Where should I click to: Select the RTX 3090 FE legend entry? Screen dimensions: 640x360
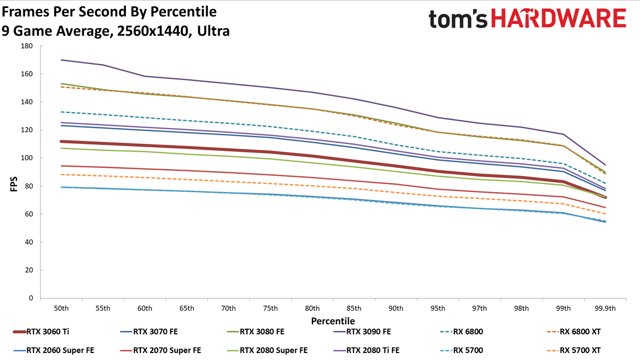362,332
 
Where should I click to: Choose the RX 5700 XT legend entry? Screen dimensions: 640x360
574,350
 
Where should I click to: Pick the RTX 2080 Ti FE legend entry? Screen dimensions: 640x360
366,350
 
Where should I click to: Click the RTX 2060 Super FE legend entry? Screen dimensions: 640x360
54,350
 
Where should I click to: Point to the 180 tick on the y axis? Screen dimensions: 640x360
27,46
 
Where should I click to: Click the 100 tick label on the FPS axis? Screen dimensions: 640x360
27,158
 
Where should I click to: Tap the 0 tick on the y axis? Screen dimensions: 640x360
31,298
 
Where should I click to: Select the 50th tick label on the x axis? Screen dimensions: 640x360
61,308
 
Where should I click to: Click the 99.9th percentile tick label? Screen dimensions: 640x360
605,308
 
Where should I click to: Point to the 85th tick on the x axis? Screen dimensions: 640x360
354,308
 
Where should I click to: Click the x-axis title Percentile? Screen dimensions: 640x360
333,321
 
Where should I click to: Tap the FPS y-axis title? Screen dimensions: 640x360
14,184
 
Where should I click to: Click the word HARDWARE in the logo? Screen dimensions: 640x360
558,18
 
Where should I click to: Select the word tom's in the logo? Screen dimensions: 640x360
458,19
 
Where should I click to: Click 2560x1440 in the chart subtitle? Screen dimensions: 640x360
155,31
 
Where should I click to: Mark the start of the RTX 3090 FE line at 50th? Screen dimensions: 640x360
61,60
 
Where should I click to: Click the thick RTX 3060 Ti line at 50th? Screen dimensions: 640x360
61,141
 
